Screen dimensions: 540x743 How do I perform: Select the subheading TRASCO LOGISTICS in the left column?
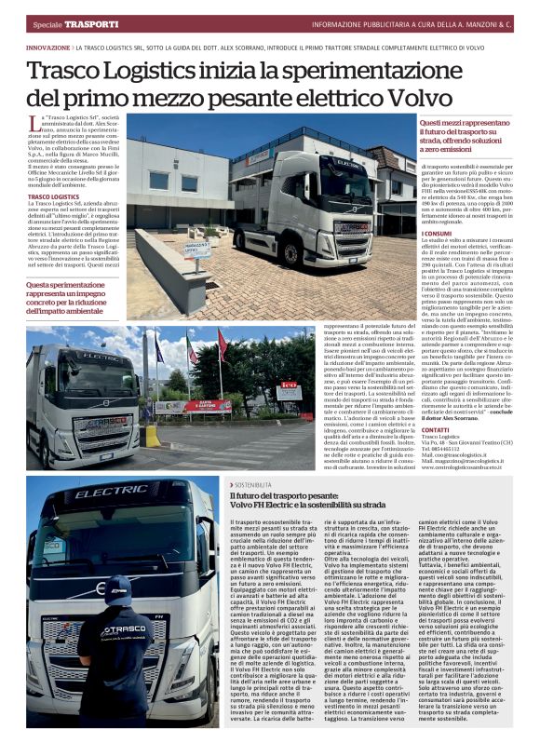coord(53,197)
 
